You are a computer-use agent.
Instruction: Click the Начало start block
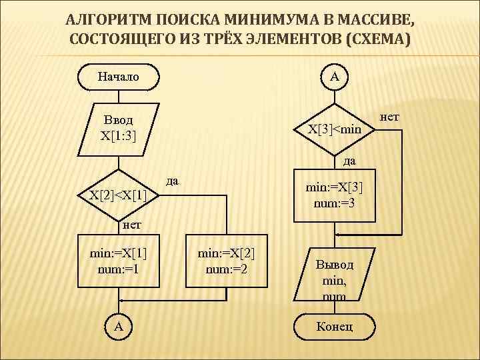coord(119,77)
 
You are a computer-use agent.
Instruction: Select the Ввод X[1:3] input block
coord(119,129)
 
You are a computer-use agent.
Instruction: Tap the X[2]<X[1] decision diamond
coord(118,195)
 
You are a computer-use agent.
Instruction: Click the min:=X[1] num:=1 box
coord(119,261)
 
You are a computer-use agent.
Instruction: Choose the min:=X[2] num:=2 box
coord(227,261)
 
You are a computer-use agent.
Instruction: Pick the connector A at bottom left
coord(119,326)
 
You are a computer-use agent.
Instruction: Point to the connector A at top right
coord(334,77)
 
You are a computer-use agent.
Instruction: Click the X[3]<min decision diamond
coord(334,129)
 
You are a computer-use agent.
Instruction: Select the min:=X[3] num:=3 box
coord(334,195)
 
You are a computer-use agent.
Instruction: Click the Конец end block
coord(335,326)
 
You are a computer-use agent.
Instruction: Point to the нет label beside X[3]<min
coord(389,117)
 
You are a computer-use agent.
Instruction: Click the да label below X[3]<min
coord(349,161)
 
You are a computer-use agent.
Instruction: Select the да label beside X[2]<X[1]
coord(173,181)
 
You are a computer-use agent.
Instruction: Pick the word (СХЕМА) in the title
coord(376,40)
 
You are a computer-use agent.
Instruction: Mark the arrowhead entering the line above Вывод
coord(338,235)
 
